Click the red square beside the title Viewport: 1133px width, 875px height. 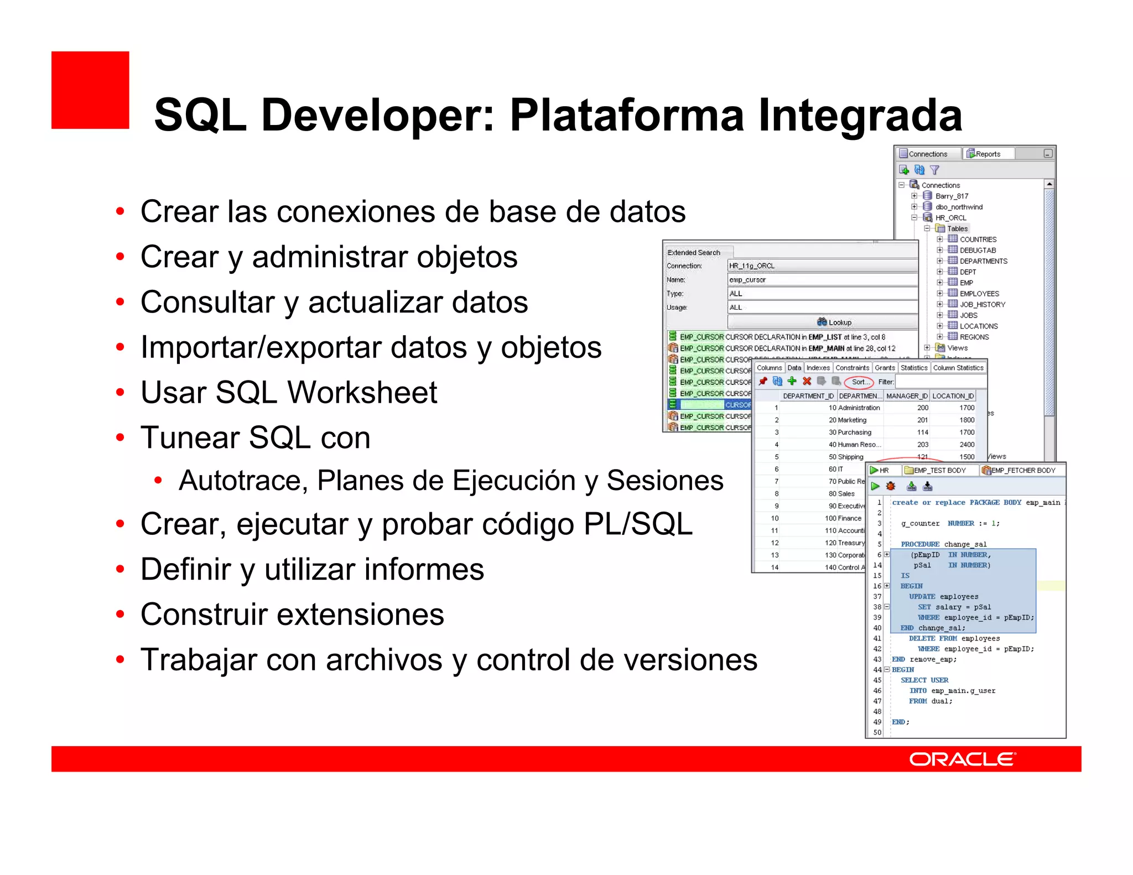tap(90, 90)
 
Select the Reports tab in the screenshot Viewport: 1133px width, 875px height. tap(987, 154)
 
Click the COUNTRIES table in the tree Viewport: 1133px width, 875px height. tap(978, 239)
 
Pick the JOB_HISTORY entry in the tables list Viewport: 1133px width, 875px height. tap(982, 304)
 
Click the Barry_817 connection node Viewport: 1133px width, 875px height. tap(952, 196)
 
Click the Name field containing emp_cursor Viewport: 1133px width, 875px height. tap(822, 280)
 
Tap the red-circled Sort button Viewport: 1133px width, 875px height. tap(859, 382)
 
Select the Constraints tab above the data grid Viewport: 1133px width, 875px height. tap(852, 368)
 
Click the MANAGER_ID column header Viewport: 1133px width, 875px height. tap(906, 396)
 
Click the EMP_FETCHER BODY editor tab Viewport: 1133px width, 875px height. tap(1023, 470)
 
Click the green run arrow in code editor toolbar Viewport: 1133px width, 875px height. tap(875, 486)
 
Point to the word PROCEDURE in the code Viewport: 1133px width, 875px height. tap(919, 544)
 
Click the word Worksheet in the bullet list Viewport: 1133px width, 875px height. tap(362, 393)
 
